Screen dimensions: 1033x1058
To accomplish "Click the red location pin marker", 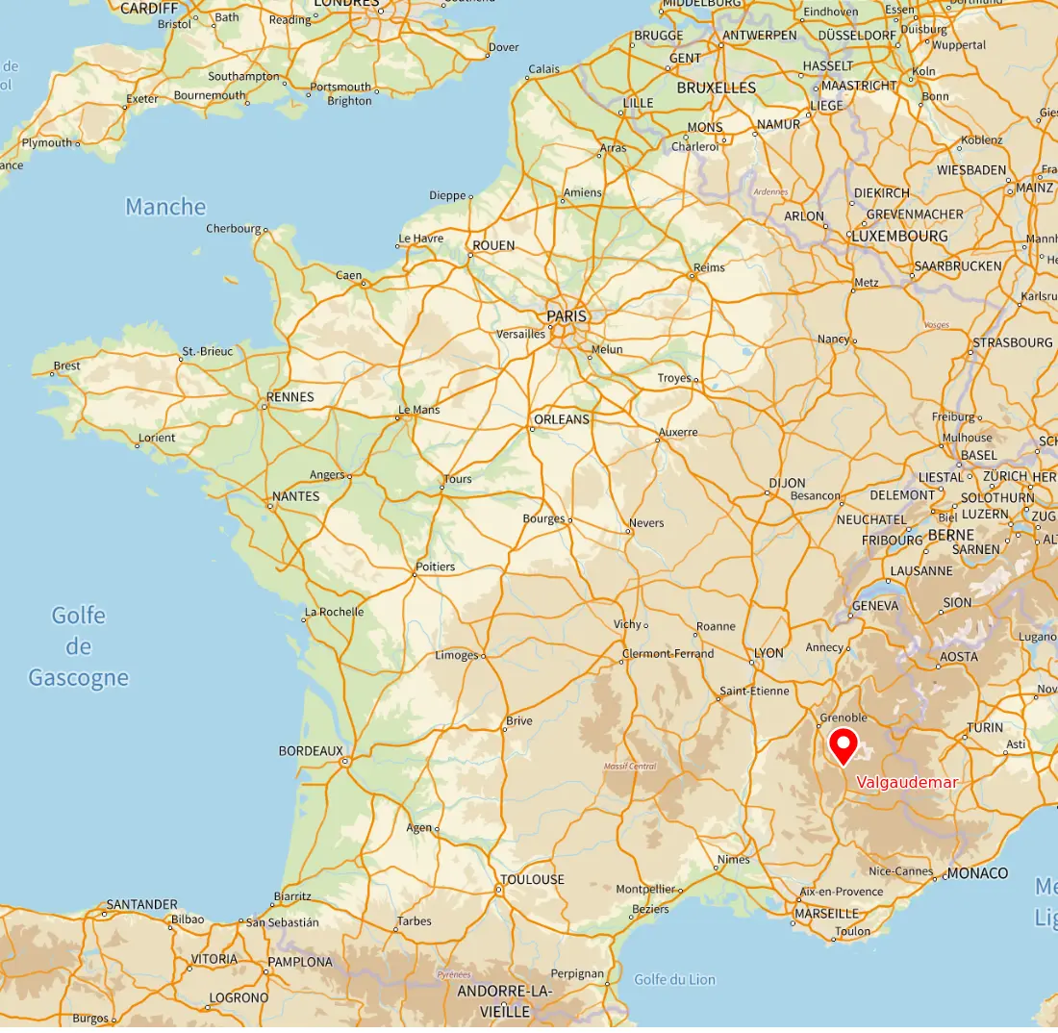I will point(844,745).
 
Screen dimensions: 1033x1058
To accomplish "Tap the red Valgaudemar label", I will point(907,783).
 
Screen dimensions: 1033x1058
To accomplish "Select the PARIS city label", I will point(566,315).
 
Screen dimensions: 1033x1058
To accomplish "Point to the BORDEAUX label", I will point(311,750).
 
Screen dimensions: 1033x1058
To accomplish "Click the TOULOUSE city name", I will point(533,879).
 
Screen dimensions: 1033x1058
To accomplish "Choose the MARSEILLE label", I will point(827,913).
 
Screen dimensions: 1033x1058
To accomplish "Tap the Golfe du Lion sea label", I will point(674,979).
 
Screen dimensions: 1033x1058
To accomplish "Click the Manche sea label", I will point(165,207).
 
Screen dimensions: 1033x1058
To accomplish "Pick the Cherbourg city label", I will point(234,229).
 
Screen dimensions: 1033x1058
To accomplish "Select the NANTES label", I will point(296,496).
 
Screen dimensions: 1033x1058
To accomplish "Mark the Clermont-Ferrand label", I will point(668,654).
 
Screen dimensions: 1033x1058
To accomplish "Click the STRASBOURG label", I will point(1013,342).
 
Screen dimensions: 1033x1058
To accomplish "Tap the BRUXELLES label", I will point(717,88).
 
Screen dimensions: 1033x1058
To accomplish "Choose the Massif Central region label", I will point(630,767).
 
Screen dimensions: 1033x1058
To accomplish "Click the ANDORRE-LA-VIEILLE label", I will point(505,1001).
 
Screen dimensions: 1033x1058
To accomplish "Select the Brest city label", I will point(67,365).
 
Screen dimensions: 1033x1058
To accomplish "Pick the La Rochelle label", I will point(334,612).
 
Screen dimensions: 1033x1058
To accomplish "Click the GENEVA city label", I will point(875,606).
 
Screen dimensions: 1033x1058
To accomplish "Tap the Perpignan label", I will point(578,973).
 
